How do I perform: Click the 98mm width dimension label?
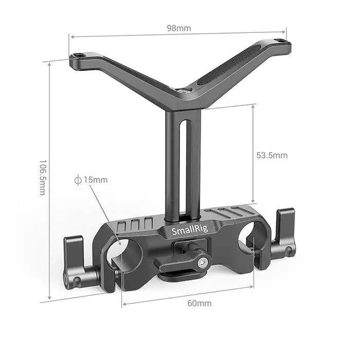pyautogui.click(x=178, y=28)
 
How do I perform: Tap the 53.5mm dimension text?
pyautogui.click(x=272, y=155)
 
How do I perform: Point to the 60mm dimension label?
pyautogui.click(x=199, y=303)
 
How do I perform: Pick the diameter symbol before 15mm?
pyautogui.click(x=78, y=180)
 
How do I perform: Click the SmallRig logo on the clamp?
pyautogui.click(x=190, y=229)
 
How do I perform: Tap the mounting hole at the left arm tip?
pyautogui.click(x=78, y=56)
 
